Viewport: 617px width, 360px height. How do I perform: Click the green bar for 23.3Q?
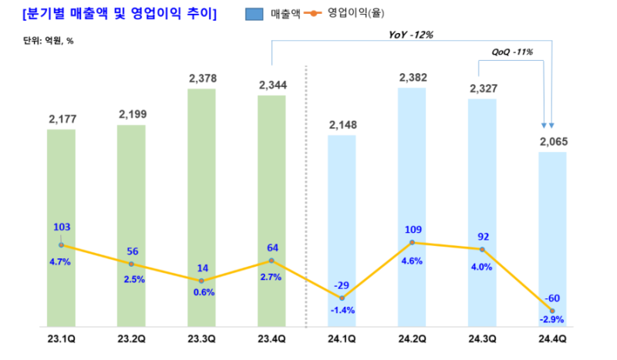click(201, 208)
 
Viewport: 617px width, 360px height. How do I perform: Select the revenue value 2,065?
click(552, 141)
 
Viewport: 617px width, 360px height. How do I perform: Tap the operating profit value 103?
click(62, 227)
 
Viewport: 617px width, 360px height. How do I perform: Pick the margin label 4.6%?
click(412, 261)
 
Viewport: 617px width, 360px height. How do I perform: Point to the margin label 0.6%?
click(202, 292)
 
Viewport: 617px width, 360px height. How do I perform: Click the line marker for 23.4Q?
click(271, 261)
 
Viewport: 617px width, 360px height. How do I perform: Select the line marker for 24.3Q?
click(482, 249)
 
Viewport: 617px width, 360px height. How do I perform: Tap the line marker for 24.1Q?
click(342, 298)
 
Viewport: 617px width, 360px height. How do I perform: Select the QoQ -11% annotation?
click(512, 52)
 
